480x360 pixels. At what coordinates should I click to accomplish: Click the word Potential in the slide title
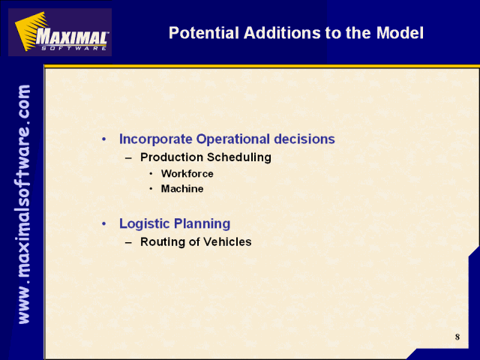click(x=203, y=33)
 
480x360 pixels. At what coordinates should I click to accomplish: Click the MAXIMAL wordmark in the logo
click(x=72, y=37)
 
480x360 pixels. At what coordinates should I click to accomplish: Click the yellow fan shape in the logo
click(x=31, y=31)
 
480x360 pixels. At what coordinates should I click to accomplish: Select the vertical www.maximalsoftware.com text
click(x=24, y=204)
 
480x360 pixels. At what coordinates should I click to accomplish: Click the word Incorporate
click(x=155, y=139)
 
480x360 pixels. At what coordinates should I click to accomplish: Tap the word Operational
click(x=233, y=139)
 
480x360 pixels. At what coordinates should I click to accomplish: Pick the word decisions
click(x=304, y=139)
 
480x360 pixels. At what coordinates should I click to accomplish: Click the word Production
click(x=172, y=157)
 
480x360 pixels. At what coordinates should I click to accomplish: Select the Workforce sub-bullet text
click(x=187, y=173)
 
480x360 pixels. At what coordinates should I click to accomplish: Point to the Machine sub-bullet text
click(x=182, y=188)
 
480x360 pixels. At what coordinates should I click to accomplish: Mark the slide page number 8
click(x=457, y=337)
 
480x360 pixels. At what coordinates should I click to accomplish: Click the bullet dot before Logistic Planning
click(x=104, y=223)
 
